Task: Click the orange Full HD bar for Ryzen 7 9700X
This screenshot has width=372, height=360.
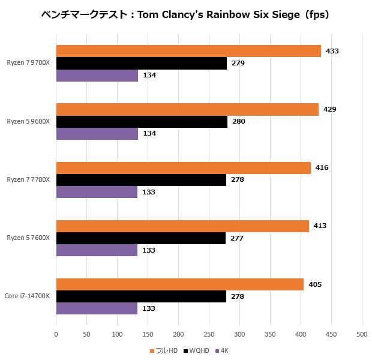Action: [x=188, y=51]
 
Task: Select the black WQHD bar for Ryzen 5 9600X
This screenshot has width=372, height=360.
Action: [x=142, y=122]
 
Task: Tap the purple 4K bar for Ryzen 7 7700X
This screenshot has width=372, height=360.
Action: [x=97, y=192]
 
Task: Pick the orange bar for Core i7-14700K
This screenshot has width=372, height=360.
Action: [x=180, y=284]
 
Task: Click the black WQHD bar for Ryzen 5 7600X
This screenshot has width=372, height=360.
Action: [x=141, y=238]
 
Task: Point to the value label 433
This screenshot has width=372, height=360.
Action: [x=332, y=51]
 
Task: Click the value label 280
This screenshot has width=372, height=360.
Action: [x=238, y=122]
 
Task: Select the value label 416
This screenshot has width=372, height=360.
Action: [x=322, y=168]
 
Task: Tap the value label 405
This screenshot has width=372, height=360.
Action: [x=315, y=284]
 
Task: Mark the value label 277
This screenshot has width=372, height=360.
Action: [x=236, y=238]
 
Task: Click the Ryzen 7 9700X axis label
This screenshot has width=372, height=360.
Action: [x=28, y=63]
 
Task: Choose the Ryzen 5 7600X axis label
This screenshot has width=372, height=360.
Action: [x=28, y=238]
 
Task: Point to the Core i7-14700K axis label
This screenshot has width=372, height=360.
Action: [x=27, y=296]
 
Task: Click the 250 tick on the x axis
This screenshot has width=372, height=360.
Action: [x=209, y=335]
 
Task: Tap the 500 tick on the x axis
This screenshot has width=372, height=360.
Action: [x=361, y=335]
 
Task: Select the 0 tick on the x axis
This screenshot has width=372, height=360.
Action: [x=56, y=335]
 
